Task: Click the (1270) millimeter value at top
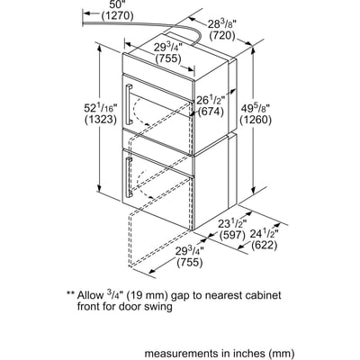click(118, 15)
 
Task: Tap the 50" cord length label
click(116, 4)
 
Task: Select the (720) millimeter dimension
click(222, 36)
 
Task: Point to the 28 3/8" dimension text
click(222, 24)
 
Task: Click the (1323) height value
click(100, 120)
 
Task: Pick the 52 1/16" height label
click(100, 108)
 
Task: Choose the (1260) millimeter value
click(256, 120)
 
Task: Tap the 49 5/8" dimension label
click(256, 108)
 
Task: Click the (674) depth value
click(211, 112)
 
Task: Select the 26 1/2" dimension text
click(211, 100)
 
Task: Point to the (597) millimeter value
click(232, 235)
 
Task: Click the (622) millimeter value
click(264, 246)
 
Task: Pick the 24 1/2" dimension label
click(264, 234)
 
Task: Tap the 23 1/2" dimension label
click(232, 223)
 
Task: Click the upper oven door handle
click(129, 103)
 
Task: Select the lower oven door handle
click(129, 177)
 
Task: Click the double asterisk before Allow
click(70, 293)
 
